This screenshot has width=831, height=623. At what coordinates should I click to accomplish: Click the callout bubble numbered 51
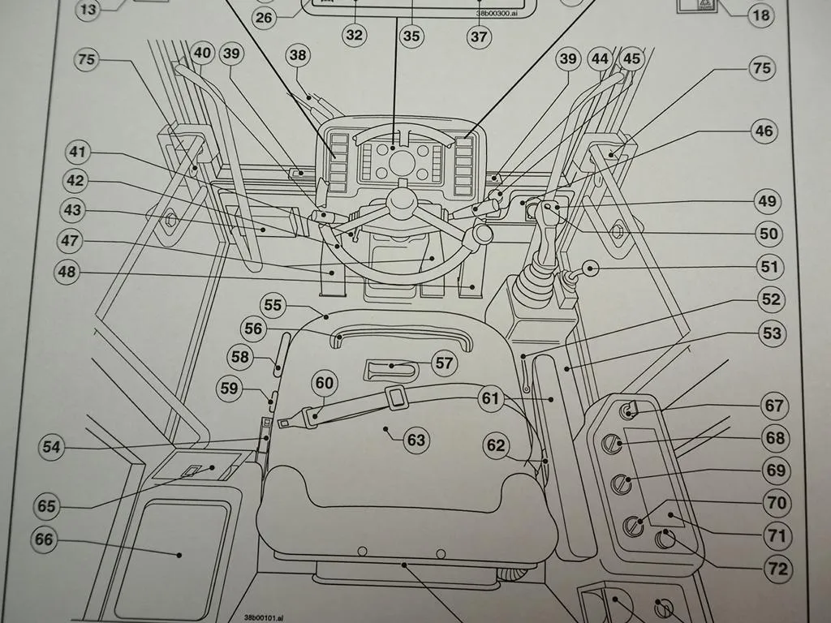[768, 266]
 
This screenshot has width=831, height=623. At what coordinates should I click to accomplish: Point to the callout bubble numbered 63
[415, 440]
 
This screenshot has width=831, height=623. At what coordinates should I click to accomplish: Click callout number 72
[777, 569]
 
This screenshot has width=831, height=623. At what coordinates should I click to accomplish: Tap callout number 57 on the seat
[444, 363]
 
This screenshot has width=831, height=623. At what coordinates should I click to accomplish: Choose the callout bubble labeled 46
[764, 131]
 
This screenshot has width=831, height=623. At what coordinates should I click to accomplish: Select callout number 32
[354, 35]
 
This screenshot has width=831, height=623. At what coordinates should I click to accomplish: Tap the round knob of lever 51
[590, 269]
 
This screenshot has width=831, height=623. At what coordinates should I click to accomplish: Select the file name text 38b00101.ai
[265, 617]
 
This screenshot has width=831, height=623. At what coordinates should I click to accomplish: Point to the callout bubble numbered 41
[79, 152]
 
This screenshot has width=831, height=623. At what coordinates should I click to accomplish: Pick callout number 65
[46, 505]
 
